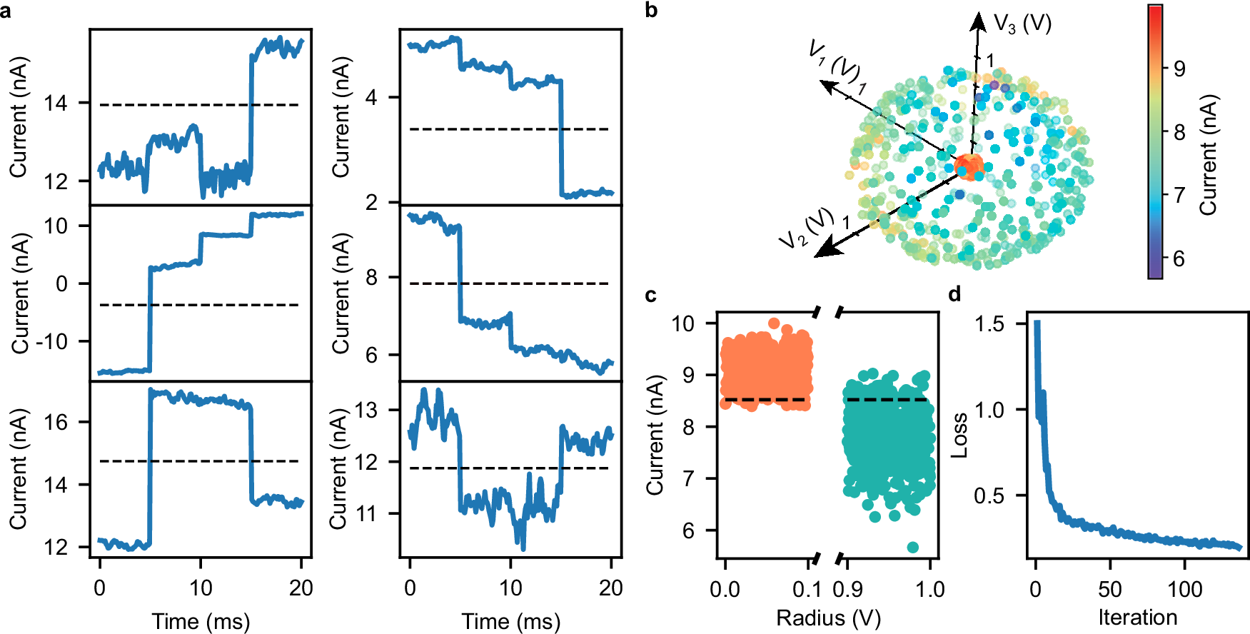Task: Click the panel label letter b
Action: tap(650, 11)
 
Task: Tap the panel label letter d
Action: tap(954, 294)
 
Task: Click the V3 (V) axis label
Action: tap(1022, 24)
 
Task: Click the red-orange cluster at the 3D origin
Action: tap(969, 166)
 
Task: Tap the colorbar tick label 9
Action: tap(1179, 69)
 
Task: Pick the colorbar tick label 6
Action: tap(1179, 258)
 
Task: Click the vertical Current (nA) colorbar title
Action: tap(1208, 155)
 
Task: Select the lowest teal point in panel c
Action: tap(912, 548)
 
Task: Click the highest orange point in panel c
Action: tap(774, 323)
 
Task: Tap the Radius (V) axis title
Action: tap(828, 618)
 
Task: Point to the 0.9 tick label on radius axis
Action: tap(847, 590)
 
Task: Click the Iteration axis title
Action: tap(1137, 618)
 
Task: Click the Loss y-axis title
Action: tap(959, 436)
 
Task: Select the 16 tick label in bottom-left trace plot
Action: tap(56, 422)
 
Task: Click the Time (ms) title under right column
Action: tap(510, 621)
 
